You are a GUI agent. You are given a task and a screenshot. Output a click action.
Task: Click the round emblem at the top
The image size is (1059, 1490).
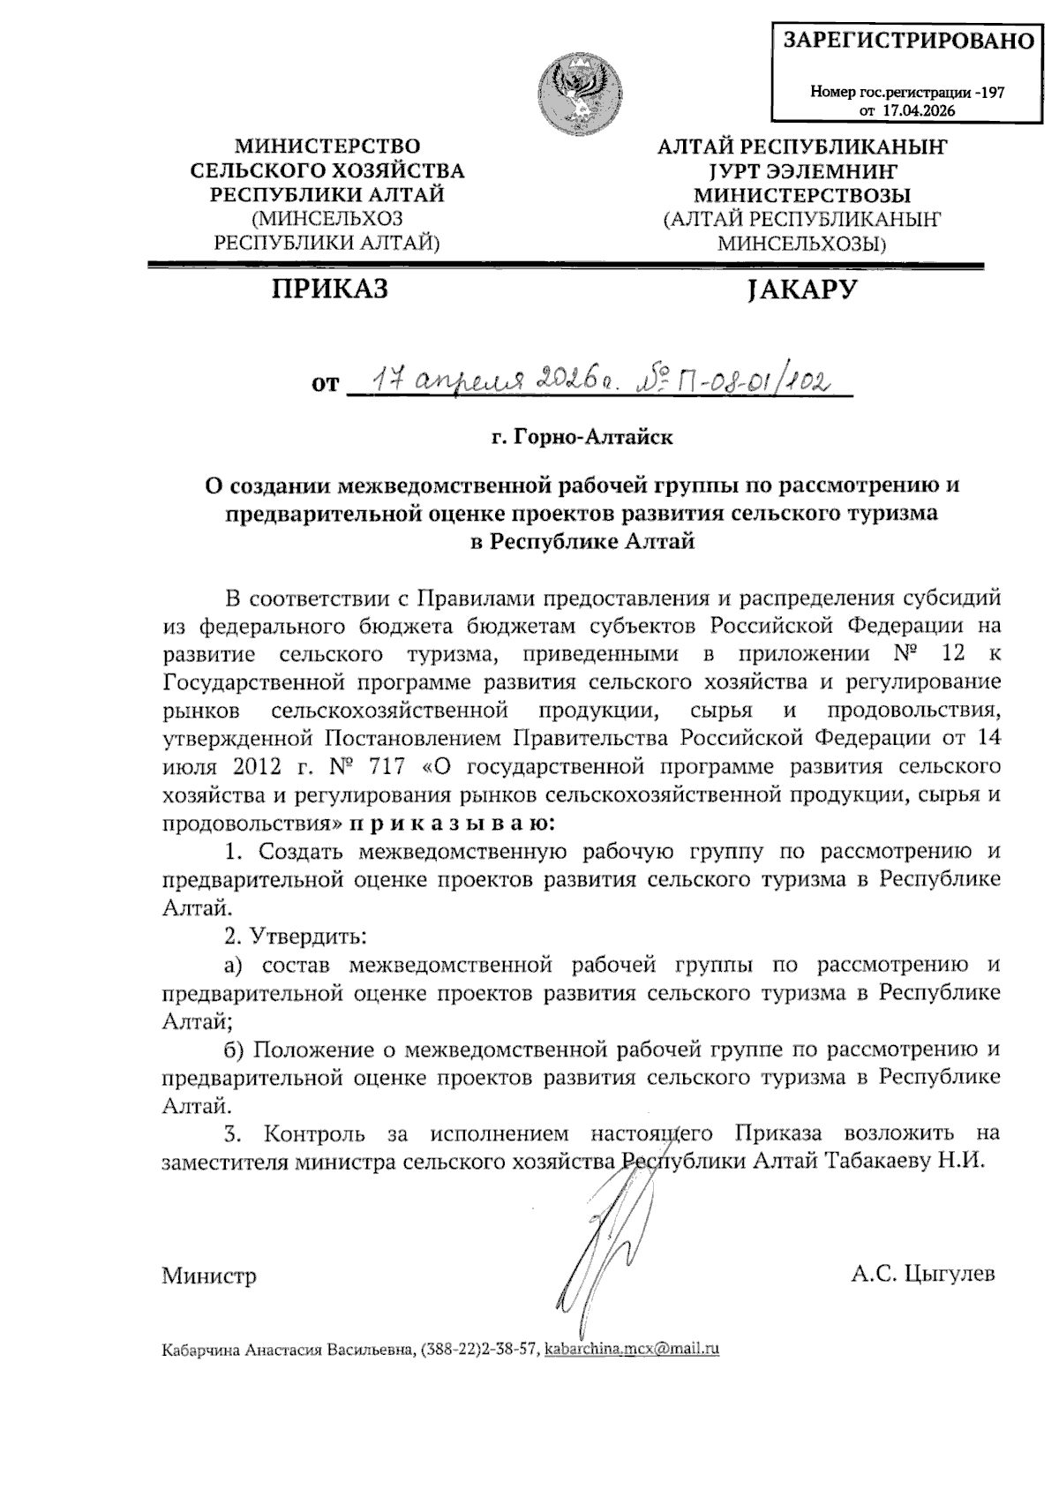[x=579, y=88]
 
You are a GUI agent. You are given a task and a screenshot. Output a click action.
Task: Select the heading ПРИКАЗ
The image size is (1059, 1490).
[x=329, y=289]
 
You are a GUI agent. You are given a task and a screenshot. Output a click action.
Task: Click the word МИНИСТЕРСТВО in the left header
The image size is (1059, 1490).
[x=327, y=146]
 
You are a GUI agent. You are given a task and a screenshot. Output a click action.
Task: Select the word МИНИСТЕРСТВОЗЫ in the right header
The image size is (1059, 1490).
[x=801, y=195]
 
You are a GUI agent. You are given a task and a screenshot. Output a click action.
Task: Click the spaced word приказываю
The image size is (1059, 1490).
[x=453, y=824]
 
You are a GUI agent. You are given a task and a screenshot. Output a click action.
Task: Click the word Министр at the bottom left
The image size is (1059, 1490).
[x=209, y=1276]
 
